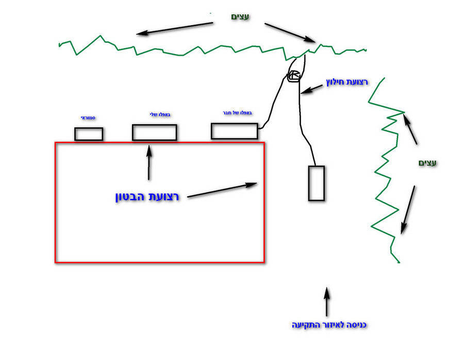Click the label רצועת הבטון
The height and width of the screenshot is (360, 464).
point(147,197)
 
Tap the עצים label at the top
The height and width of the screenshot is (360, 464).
point(240,17)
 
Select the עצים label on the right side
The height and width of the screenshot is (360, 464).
point(427,163)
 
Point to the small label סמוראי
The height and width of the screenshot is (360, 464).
point(88,118)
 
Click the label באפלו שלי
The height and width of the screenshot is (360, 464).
point(155,114)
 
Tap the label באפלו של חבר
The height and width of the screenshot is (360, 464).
point(235,112)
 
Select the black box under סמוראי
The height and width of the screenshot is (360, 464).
point(89,134)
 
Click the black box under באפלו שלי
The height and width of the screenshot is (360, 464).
point(154,132)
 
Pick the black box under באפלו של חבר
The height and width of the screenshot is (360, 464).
point(234,131)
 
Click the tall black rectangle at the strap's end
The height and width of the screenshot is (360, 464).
point(316,183)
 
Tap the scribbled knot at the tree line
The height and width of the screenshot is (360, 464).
point(293,76)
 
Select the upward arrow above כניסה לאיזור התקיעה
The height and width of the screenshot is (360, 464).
point(326,302)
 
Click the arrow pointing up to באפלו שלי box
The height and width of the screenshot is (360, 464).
point(150,162)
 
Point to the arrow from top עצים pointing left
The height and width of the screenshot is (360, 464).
point(175,29)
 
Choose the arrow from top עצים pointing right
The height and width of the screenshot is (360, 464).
point(290,32)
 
